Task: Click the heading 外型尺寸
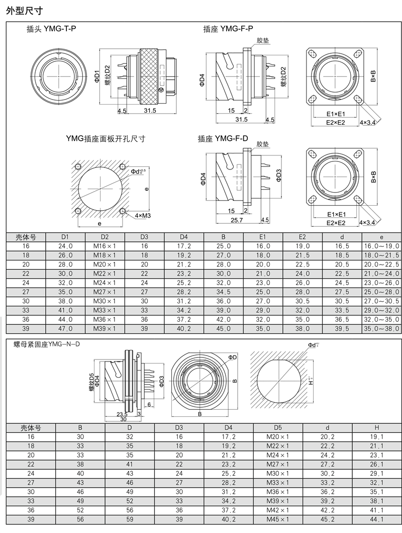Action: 24,11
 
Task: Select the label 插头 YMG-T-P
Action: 51,29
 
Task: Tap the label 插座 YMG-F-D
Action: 223,139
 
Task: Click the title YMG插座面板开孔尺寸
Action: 106,139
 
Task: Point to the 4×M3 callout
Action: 143,216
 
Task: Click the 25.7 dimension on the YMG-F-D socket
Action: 237,220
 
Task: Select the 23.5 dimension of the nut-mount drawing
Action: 122,414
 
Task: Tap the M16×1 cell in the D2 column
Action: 105,246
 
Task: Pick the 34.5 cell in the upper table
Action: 223,292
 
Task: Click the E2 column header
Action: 302,237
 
